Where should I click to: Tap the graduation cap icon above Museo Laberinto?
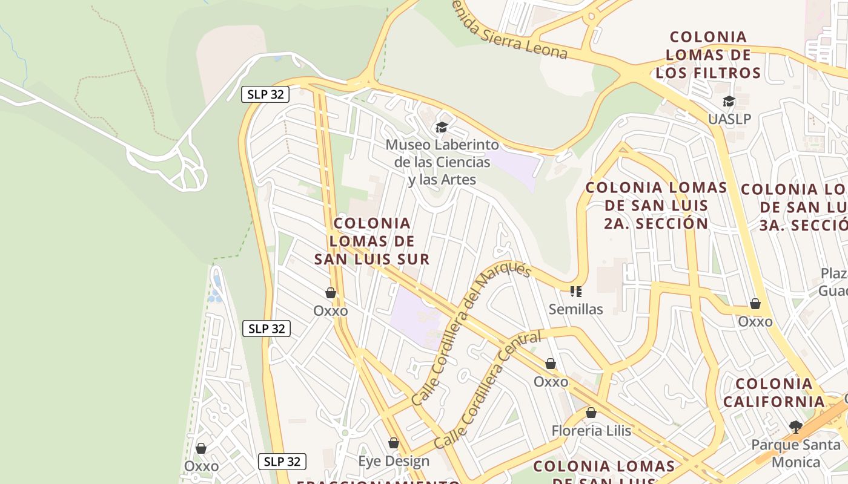point(442,127)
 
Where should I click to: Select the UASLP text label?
point(729,119)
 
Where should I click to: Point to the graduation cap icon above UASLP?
point(729,101)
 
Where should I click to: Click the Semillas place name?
point(575,309)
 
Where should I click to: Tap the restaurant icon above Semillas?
point(575,292)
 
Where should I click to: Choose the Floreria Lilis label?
point(591,431)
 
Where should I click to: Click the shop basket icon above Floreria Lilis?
point(591,413)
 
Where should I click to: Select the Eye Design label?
point(394,461)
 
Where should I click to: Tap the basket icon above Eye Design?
point(394,443)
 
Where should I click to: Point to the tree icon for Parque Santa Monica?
point(796,427)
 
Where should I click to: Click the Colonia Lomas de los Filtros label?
point(708,55)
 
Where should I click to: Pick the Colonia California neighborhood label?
point(774,393)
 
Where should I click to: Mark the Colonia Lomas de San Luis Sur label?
point(372,241)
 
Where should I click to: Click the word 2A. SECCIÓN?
point(656,223)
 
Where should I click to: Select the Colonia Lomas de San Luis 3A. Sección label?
point(800,207)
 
